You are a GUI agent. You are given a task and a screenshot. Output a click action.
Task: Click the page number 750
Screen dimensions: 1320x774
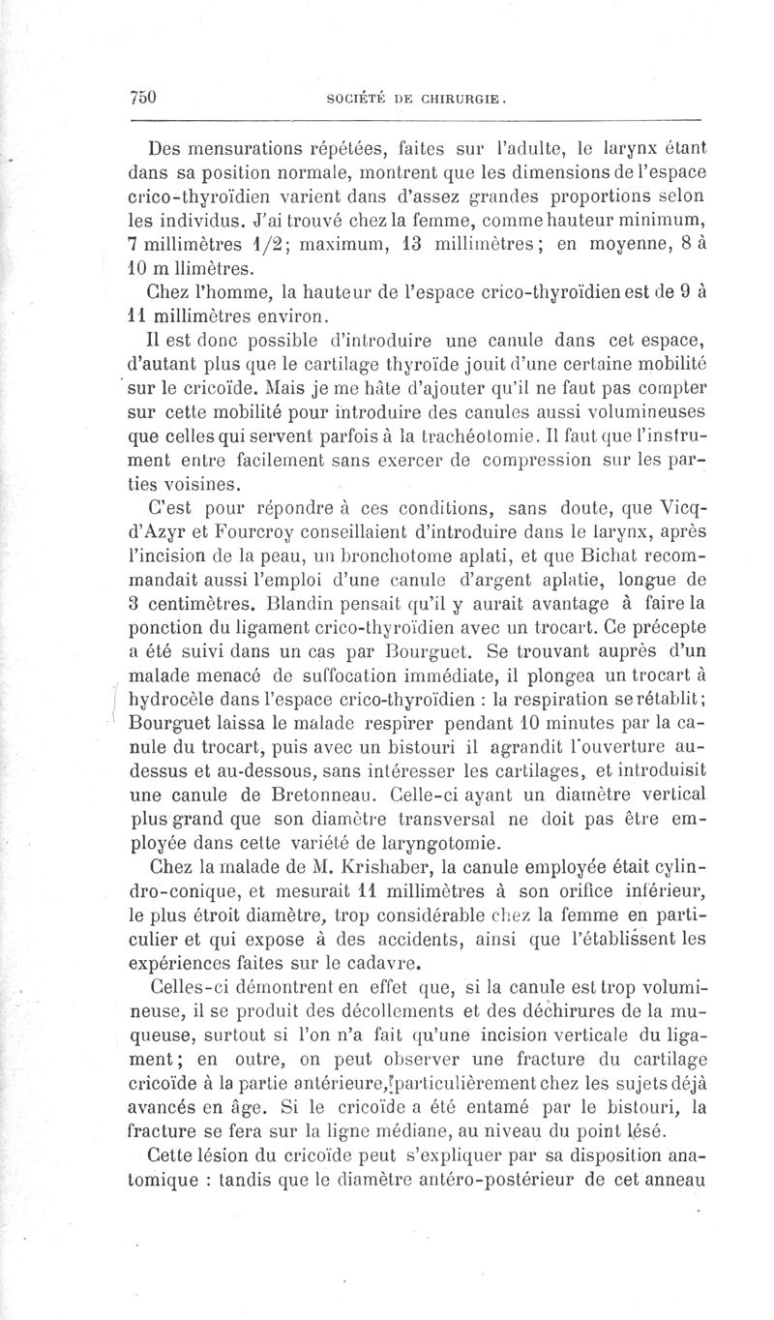pyautogui.click(x=143, y=97)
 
